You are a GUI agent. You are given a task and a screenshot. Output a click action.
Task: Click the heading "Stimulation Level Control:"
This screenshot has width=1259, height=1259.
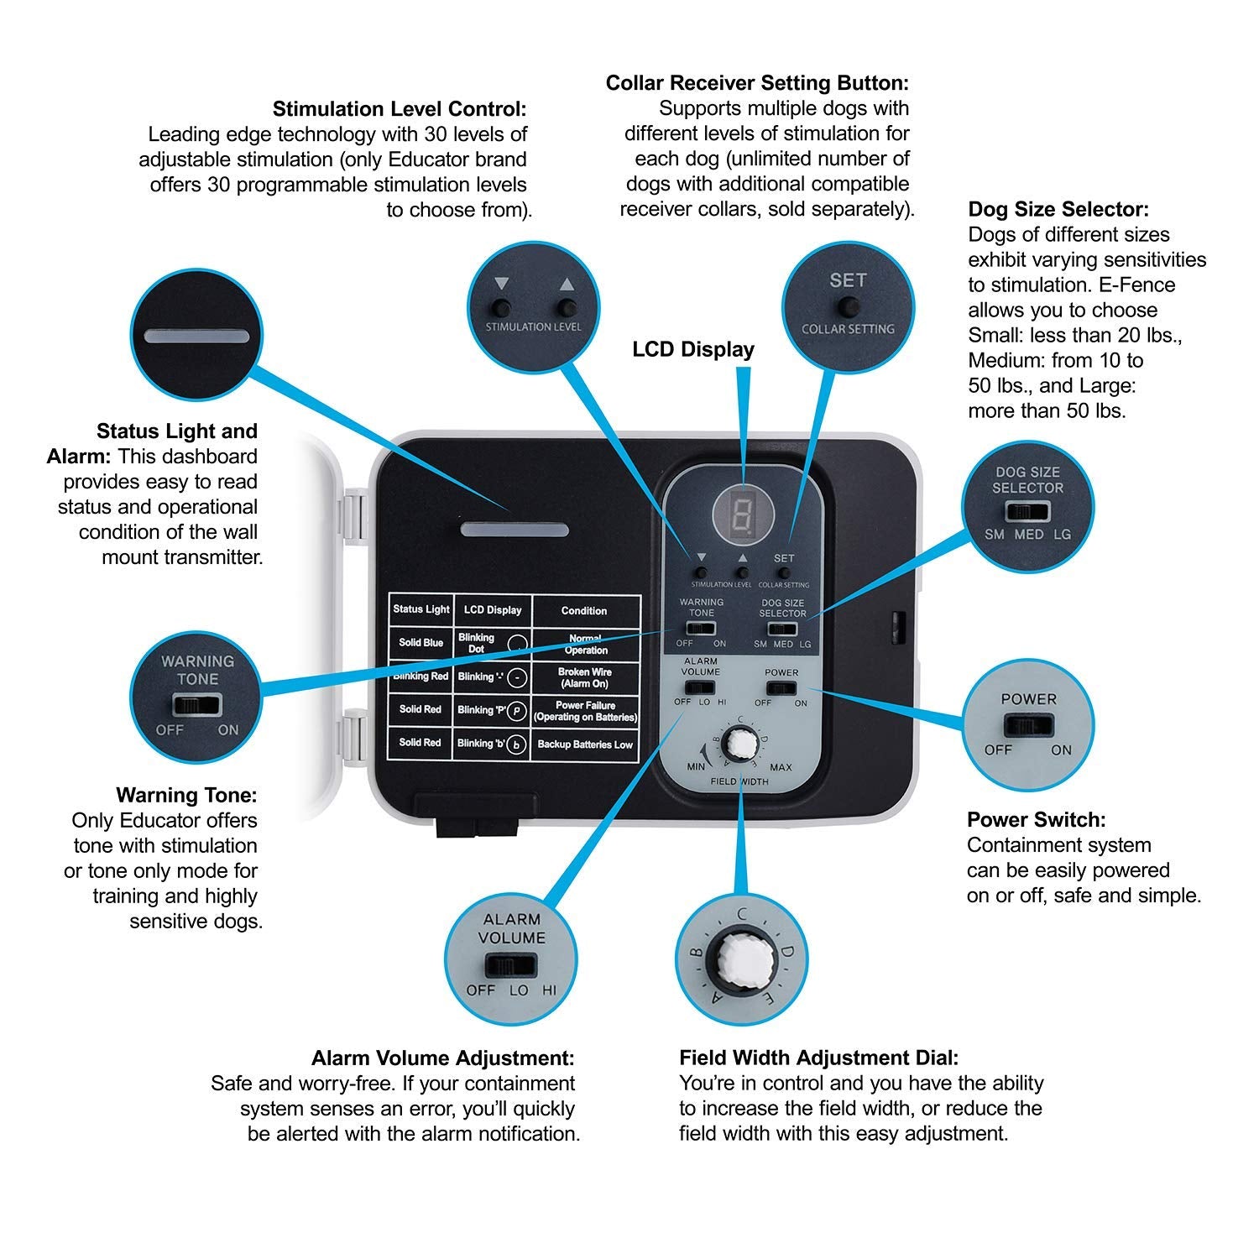pos(400,109)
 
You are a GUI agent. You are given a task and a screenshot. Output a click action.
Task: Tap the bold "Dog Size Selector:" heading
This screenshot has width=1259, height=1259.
pos(1058,209)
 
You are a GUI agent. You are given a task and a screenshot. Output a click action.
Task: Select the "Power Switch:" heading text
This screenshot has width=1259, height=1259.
pos(1036,819)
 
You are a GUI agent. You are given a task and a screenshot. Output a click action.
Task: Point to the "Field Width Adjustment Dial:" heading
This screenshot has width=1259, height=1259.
pos(818,1058)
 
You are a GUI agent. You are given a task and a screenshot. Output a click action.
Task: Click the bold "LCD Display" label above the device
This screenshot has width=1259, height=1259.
pos(693,349)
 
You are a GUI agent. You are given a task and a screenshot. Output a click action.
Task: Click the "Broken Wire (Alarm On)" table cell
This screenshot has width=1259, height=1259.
pos(585,677)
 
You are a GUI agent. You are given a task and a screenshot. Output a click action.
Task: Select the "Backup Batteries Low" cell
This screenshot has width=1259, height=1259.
pos(585,744)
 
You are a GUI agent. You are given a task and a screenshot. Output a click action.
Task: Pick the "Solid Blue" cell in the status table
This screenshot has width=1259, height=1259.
pos(421,643)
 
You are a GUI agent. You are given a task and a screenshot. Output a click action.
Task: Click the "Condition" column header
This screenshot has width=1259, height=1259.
pos(584,610)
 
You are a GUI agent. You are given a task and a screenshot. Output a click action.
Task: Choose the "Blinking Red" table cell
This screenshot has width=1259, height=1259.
pos(421,677)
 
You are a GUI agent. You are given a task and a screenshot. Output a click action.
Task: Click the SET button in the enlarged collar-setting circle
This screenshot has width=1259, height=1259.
pos(848,305)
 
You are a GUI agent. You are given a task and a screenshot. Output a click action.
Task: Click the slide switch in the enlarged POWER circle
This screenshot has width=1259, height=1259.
pos(1028,725)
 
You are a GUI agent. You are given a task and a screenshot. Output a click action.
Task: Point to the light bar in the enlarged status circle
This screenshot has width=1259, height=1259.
pos(197,337)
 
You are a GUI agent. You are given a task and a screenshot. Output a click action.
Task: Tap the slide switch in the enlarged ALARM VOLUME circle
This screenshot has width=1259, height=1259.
pos(510,964)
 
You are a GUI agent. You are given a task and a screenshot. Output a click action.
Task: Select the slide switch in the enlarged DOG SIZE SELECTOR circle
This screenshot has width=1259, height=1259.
pos(1028,510)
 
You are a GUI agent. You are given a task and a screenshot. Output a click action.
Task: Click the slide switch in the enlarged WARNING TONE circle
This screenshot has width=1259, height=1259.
pos(197,703)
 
